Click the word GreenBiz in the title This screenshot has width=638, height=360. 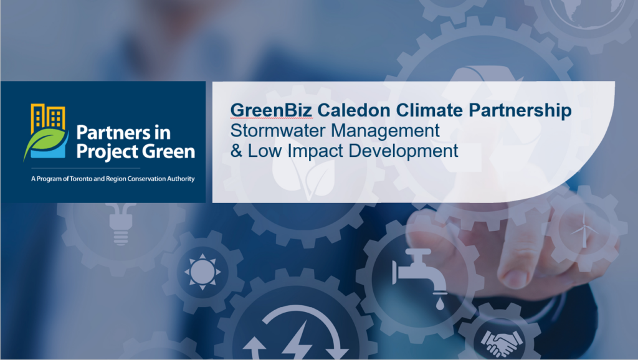click(272, 110)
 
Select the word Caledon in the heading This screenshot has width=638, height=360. click(353, 110)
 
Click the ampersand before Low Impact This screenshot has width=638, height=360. click(236, 151)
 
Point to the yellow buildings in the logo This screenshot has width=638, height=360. click(47, 118)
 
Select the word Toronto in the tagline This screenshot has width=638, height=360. click(81, 179)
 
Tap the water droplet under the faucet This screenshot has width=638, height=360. click(440, 303)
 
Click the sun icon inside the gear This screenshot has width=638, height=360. click(202, 272)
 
